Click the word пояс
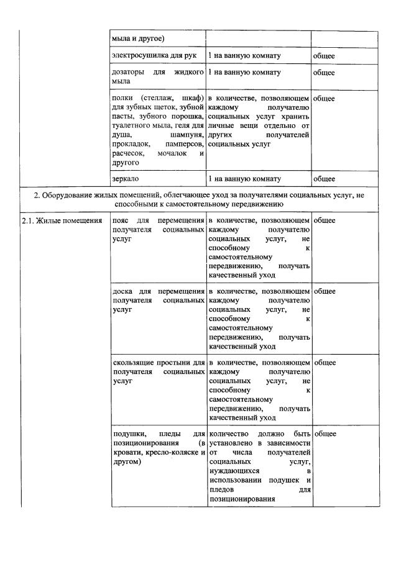pyautogui.click(x=121, y=220)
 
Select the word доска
pyautogui.click(x=122, y=291)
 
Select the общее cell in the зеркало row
pyautogui.click(x=324, y=178)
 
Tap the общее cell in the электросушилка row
pyautogui.click(x=324, y=56)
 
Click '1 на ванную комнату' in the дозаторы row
pyautogui.click(x=244, y=73)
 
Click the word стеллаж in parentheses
pyautogui.click(x=158, y=98)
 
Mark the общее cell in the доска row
pyautogui.click(x=324, y=291)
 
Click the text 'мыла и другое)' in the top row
pyautogui.click(x=137, y=39)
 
